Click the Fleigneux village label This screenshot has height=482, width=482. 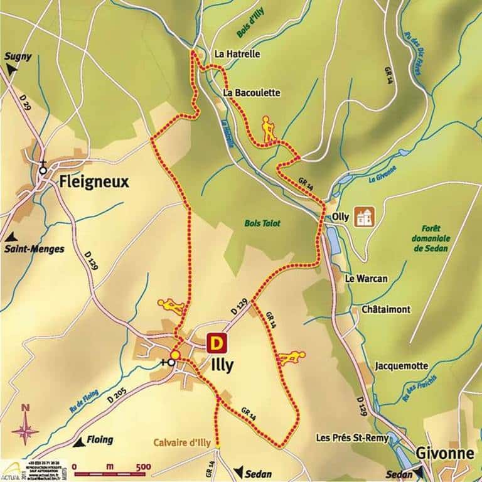[x=94, y=182]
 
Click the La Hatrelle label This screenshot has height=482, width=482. [x=237, y=55]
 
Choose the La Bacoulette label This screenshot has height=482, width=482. [x=251, y=93]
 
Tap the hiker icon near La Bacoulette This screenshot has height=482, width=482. [x=269, y=129]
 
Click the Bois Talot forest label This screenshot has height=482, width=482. [x=262, y=223]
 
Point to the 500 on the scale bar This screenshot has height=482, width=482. [x=143, y=466]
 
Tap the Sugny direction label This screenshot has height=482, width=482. [x=18, y=56]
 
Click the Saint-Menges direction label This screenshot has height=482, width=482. [x=35, y=249]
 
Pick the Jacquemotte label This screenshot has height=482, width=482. [x=401, y=365]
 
